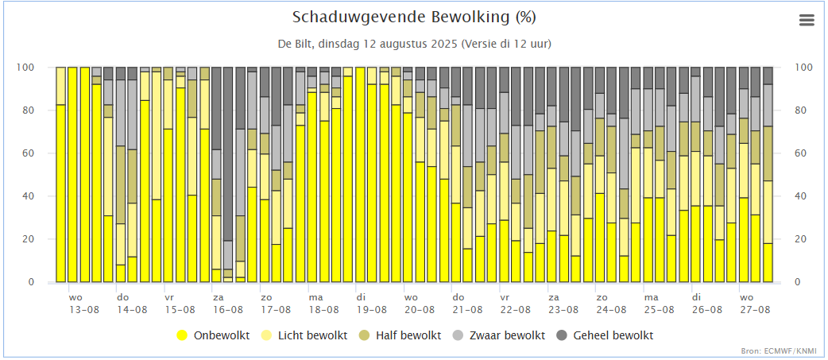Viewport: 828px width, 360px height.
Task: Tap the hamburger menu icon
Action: point(807,21)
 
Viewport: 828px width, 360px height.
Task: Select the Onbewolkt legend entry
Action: point(220,335)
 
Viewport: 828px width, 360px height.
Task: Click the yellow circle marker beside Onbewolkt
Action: point(183,335)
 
